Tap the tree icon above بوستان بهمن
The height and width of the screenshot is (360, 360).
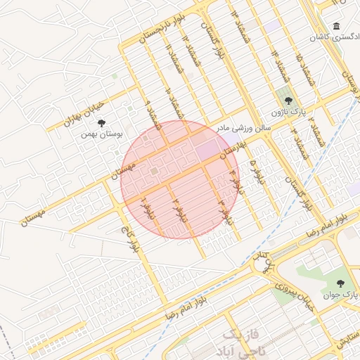103,122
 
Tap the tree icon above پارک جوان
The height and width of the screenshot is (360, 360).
341,283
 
